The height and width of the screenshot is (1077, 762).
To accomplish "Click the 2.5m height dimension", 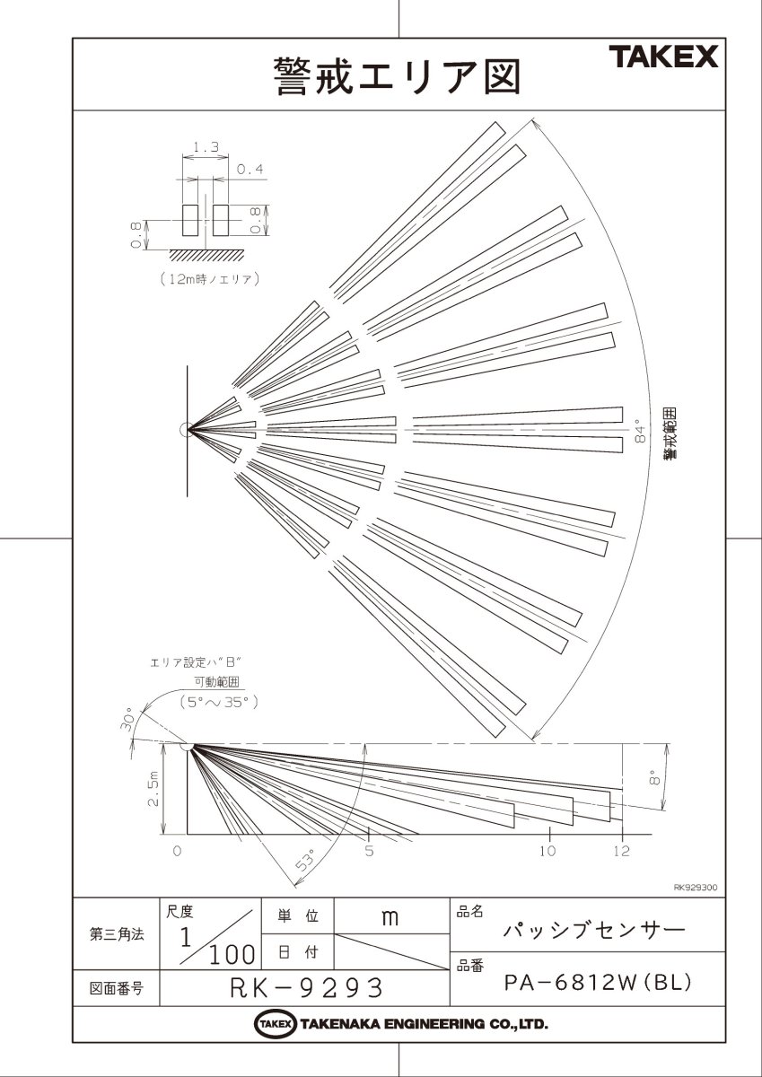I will [x=153, y=789].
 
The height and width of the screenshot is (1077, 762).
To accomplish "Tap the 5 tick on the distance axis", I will [x=369, y=850].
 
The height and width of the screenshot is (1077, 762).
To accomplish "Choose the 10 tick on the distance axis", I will [x=547, y=850].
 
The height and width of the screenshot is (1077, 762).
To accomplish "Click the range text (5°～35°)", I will [x=220, y=701].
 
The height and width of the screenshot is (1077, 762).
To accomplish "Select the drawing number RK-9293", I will [x=306, y=988].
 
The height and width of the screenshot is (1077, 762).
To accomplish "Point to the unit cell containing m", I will [x=390, y=917].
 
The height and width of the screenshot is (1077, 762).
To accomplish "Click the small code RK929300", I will [x=695, y=887].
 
